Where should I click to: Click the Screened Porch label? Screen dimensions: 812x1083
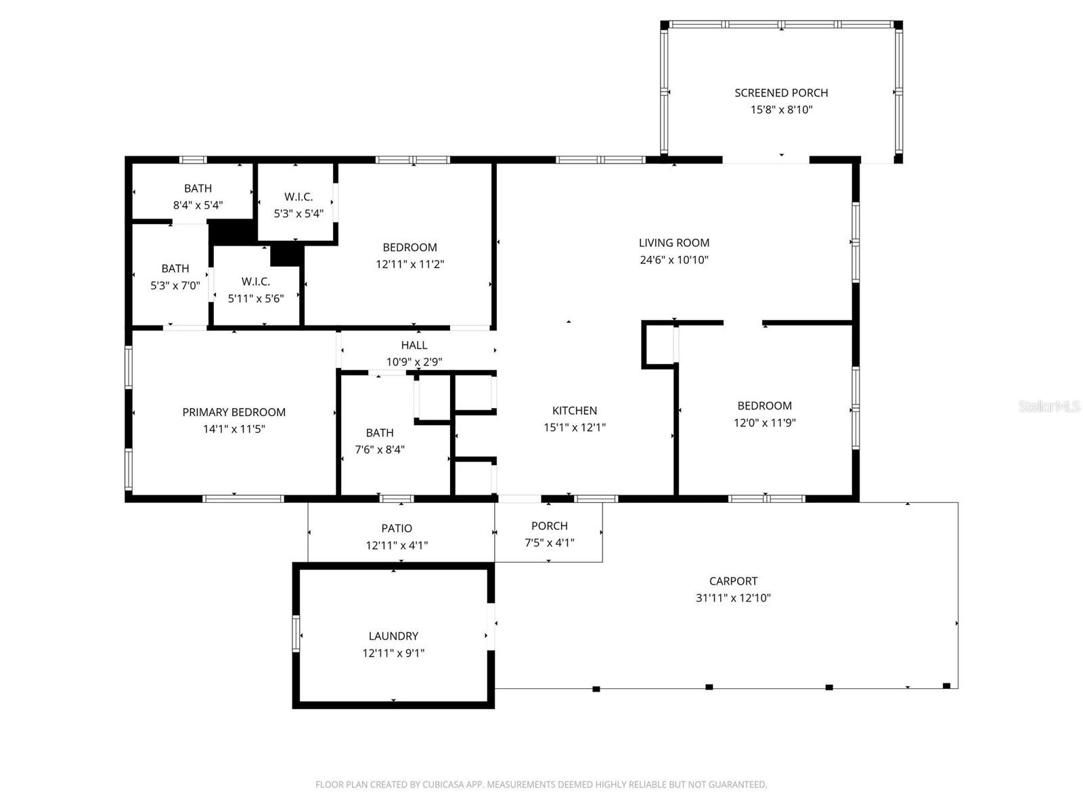(x=781, y=93)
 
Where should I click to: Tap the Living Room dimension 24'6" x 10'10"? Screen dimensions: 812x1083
(x=674, y=260)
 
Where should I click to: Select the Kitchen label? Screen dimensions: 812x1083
(x=575, y=410)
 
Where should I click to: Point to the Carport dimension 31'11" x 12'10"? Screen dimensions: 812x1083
(x=733, y=598)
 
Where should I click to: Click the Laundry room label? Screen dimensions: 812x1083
(x=393, y=636)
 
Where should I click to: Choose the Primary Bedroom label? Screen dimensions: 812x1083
(x=234, y=412)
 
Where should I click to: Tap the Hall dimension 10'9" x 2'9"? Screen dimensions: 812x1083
(x=414, y=362)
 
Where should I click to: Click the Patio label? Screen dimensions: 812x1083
(x=397, y=528)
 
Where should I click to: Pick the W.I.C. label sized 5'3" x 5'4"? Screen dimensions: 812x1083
(x=299, y=197)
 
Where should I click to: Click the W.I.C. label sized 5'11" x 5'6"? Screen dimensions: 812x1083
(x=256, y=281)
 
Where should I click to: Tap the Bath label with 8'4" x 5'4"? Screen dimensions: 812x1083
(x=198, y=188)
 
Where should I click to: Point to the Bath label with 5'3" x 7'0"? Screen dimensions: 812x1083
(x=175, y=269)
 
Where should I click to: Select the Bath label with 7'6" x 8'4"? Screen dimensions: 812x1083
(x=380, y=433)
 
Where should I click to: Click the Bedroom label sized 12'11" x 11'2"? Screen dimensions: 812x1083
(x=410, y=248)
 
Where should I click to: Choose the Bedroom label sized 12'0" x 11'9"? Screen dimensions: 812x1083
(x=764, y=406)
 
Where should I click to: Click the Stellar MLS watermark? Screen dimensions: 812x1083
(x=1048, y=407)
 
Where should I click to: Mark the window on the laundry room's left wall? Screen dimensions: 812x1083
(x=296, y=634)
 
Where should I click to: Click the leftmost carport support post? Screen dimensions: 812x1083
(x=596, y=689)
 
